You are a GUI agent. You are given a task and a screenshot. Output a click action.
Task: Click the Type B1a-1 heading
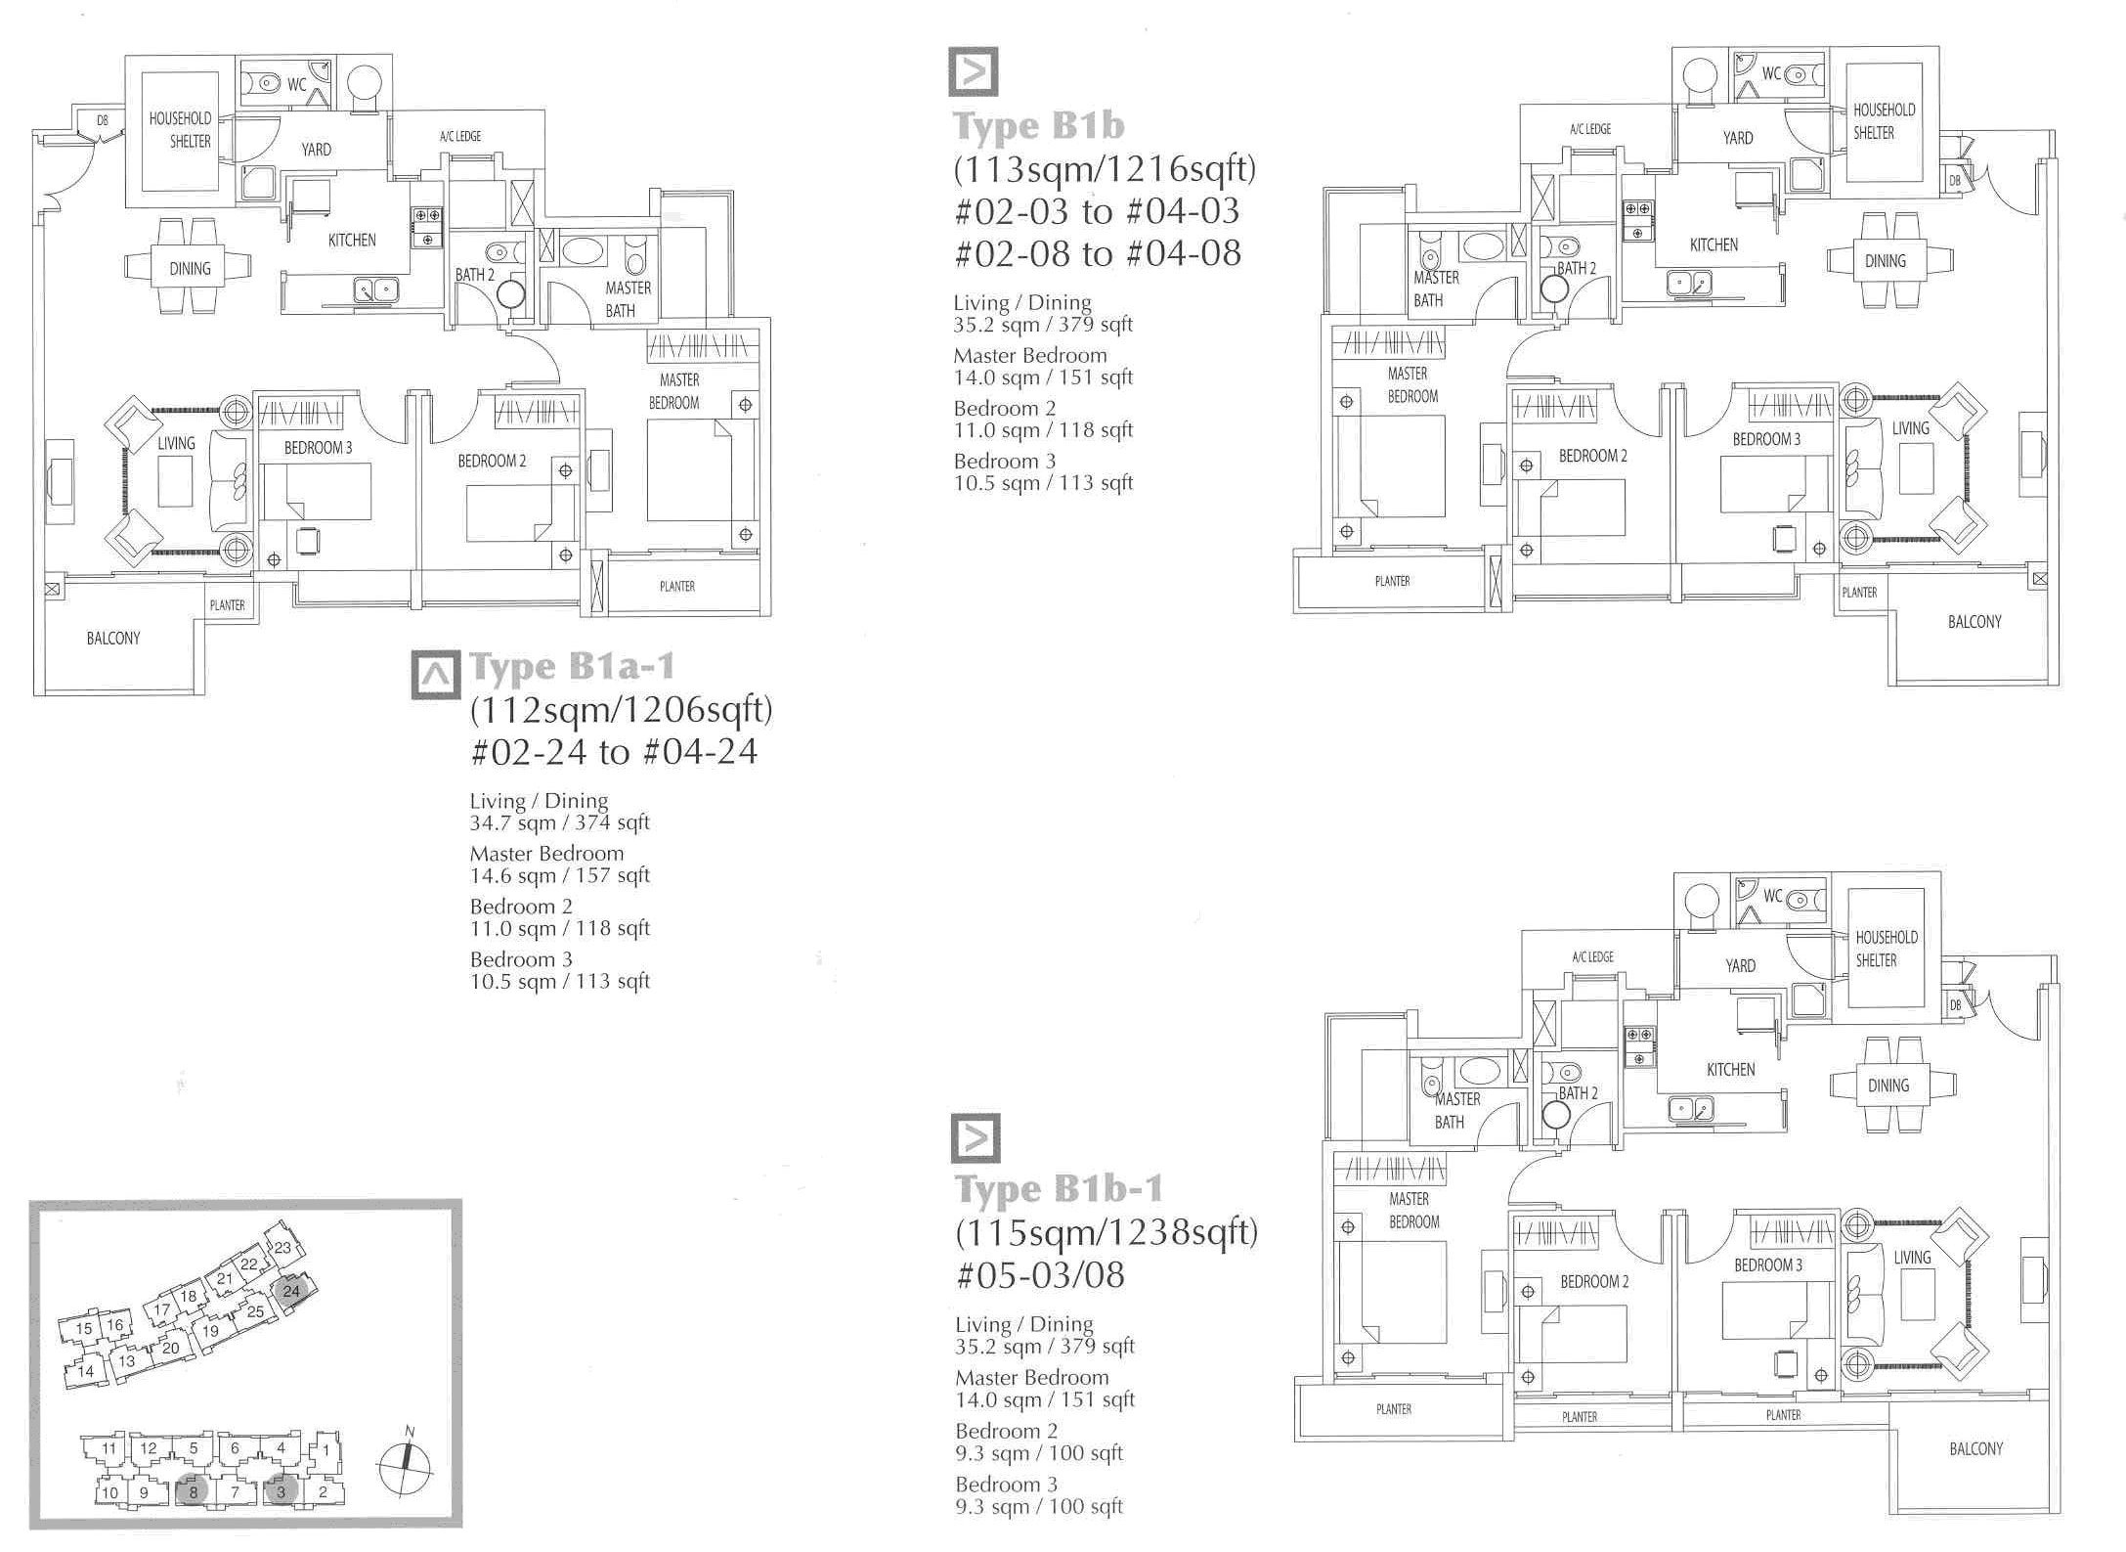(x=572, y=667)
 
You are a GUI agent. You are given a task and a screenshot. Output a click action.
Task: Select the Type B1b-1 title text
(x=1059, y=1189)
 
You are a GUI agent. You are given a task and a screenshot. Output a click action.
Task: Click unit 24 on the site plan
(x=291, y=1291)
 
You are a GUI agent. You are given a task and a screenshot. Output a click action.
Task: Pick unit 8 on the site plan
(x=194, y=1492)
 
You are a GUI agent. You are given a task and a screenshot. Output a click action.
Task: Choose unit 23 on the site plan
(x=282, y=1247)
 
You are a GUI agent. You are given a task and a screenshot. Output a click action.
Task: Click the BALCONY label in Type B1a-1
(x=113, y=639)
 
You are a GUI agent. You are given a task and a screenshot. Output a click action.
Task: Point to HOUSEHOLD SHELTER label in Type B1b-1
(x=1886, y=949)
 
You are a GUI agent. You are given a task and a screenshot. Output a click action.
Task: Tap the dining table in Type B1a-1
(x=189, y=268)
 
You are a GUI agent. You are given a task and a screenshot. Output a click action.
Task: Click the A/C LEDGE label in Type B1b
(x=1589, y=129)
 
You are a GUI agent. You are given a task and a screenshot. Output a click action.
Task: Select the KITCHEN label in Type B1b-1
(x=1730, y=1070)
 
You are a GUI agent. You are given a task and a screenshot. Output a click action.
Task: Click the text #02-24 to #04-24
(x=614, y=752)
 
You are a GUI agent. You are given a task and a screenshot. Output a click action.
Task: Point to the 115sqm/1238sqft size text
(x=1106, y=1232)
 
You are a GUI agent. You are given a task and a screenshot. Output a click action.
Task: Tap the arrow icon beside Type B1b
(x=974, y=71)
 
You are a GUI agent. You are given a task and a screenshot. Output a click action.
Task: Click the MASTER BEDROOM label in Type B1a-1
(x=675, y=391)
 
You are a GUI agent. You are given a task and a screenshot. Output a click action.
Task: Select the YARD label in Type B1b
(x=1737, y=138)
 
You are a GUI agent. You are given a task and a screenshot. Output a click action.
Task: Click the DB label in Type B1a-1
(x=103, y=121)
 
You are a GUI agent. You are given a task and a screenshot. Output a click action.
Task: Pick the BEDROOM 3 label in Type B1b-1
(x=1767, y=1265)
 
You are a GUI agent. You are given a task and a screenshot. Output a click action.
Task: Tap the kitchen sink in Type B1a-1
(x=375, y=288)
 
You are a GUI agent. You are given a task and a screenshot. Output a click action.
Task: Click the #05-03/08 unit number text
(x=1040, y=1275)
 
